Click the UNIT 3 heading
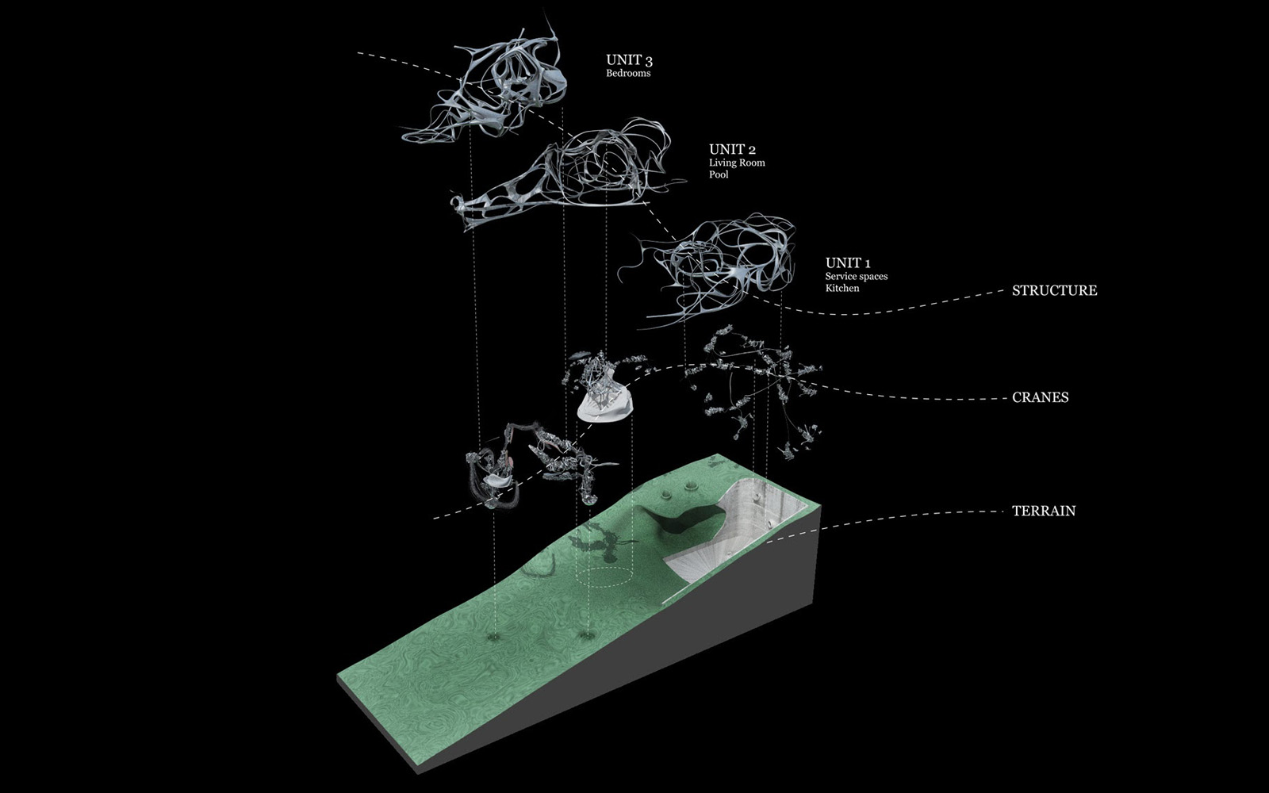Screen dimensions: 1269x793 pos(629,60)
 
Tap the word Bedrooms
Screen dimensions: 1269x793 pos(628,74)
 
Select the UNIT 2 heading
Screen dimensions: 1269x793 pos(732,150)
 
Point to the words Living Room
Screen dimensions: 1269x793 pos(737,163)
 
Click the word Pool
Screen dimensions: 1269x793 pos(719,174)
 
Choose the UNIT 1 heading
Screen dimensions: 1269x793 pos(848,262)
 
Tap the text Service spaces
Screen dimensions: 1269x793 pos(857,277)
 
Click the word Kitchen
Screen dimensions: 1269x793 pos(842,289)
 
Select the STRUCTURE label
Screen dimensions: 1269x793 pos(1054,290)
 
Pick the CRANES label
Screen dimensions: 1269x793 pos(1040,397)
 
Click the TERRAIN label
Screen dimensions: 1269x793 pos(1044,511)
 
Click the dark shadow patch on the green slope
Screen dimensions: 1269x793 pos(680,521)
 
